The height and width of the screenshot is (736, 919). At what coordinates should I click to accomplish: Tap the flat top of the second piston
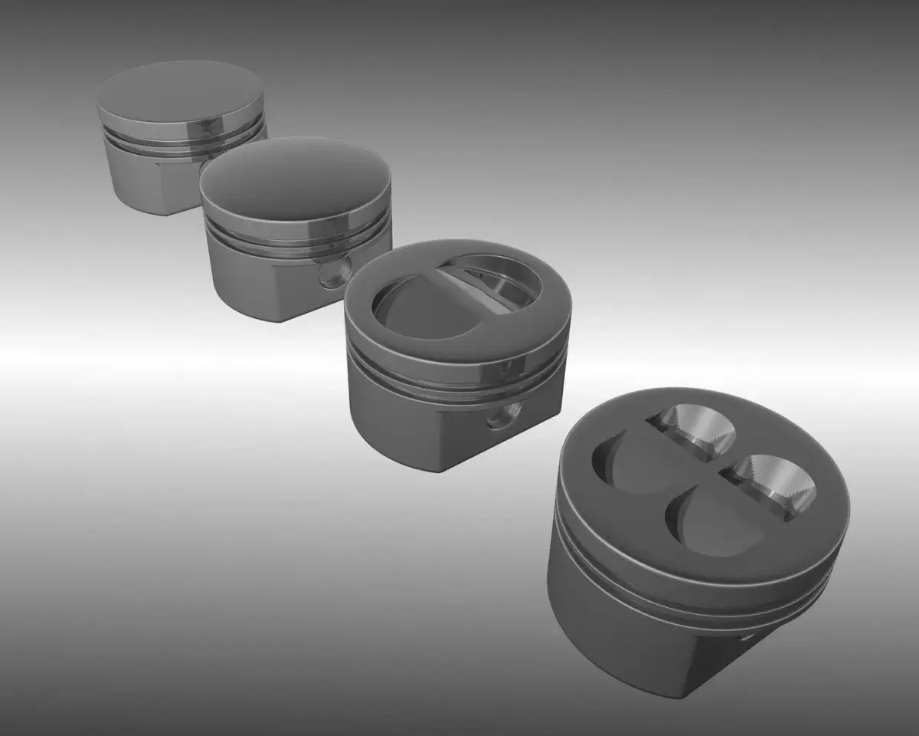(x=295, y=177)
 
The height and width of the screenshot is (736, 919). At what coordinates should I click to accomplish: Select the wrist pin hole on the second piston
(x=335, y=272)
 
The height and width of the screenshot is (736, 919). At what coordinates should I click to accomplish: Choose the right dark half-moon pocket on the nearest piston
(x=712, y=521)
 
